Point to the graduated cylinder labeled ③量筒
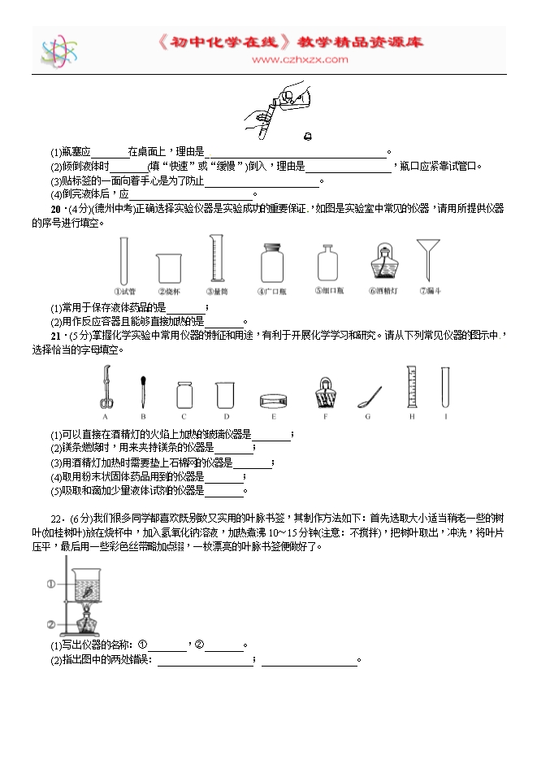coord(215,259)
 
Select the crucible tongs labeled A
coord(106,387)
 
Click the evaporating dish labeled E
coord(275,400)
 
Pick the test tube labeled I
coord(445,385)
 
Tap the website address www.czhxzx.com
coord(300,59)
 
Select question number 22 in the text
coord(54,517)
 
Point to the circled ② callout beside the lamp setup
coord(50,624)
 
